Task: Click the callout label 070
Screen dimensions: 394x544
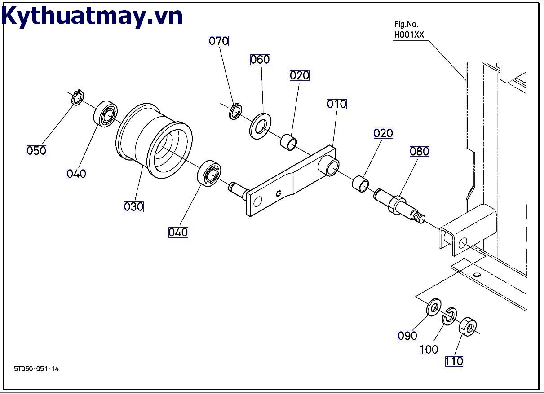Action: [x=219, y=41]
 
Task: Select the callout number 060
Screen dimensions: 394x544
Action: [x=260, y=60]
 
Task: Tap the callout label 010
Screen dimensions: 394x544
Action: [x=336, y=104]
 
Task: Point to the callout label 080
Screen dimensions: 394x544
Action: [x=419, y=151]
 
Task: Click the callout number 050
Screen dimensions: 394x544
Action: [x=36, y=150]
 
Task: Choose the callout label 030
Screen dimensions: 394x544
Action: [x=133, y=206]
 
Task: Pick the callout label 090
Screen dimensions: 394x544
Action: [x=407, y=336]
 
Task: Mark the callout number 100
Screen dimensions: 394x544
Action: [x=429, y=349]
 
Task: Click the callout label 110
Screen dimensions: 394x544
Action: [x=454, y=361]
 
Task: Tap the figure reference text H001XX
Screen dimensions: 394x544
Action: [x=409, y=35]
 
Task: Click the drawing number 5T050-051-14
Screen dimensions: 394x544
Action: [x=36, y=369]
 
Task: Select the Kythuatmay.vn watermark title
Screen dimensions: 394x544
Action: [x=93, y=16]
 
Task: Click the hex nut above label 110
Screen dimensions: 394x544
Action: [x=468, y=326]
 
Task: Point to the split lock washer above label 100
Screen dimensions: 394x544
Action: [x=449, y=316]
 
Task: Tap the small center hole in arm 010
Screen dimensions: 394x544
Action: [x=279, y=193]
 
